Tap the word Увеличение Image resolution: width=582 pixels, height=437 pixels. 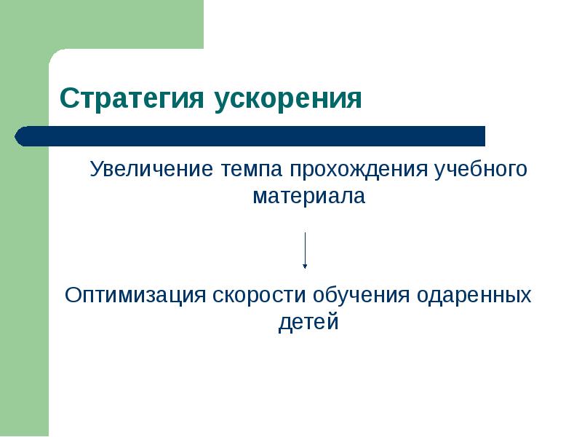pyautogui.click(x=149, y=170)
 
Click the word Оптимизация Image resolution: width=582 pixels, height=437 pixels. pyautogui.click(x=136, y=296)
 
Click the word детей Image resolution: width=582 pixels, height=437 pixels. pyautogui.click(x=308, y=322)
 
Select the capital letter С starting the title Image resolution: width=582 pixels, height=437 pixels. pyautogui.click(x=67, y=98)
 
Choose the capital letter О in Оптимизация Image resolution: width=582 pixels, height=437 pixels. pyautogui.click(x=73, y=296)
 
